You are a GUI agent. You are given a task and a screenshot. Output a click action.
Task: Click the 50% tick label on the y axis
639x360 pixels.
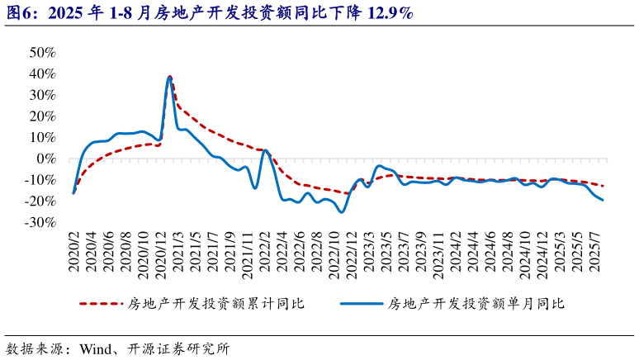tap(42, 52)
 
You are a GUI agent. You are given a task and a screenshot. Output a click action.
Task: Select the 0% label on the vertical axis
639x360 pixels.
tap(46, 159)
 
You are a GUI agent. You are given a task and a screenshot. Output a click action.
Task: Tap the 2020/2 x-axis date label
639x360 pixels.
tap(74, 251)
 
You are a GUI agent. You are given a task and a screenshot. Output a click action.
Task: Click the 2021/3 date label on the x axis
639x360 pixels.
tap(178, 251)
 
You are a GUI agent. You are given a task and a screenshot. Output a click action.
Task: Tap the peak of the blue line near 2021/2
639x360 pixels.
tap(169, 78)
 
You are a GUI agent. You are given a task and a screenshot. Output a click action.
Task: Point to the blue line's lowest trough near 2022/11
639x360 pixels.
tap(341, 212)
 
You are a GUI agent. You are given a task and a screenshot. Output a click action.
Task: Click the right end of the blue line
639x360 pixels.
tap(602, 200)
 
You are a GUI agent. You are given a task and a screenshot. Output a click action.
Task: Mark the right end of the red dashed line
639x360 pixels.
tap(603, 186)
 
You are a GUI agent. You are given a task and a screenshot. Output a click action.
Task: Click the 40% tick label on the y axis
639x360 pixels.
tap(42, 73)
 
